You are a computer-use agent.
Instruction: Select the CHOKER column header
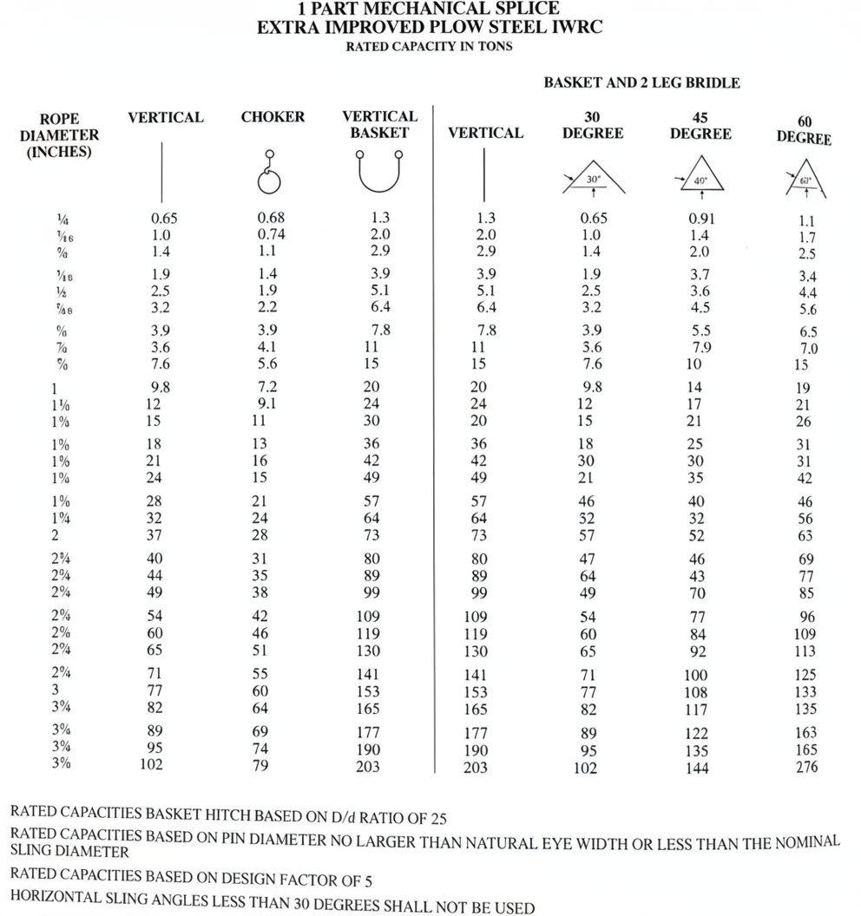pyautogui.click(x=273, y=117)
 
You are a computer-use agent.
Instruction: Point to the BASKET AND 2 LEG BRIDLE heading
pyautogui.click(x=641, y=83)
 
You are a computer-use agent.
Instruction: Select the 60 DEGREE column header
pyautogui.click(x=804, y=131)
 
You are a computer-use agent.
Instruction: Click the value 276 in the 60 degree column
pyautogui.click(x=805, y=767)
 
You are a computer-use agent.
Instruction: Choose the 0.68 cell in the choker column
pyautogui.click(x=271, y=218)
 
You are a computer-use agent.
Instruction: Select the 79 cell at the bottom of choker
pyautogui.click(x=260, y=765)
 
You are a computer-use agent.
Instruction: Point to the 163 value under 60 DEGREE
pyautogui.click(x=805, y=732)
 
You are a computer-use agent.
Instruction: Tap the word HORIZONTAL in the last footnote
pyautogui.click(x=62, y=905)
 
